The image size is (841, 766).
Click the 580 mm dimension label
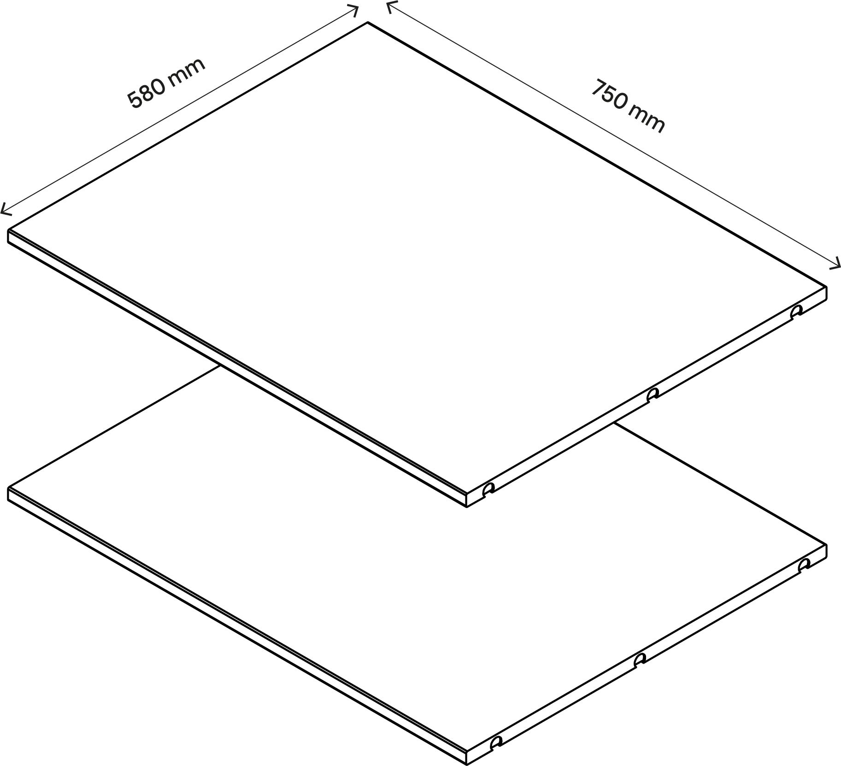(x=166, y=83)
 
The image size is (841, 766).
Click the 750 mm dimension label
(x=628, y=106)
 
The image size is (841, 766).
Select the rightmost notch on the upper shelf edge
(x=796, y=312)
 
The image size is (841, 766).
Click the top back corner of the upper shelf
(x=367, y=22)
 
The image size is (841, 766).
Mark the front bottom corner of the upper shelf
(x=467, y=507)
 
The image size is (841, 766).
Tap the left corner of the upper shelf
(x=8, y=229)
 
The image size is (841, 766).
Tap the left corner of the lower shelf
(x=8, y=487)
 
